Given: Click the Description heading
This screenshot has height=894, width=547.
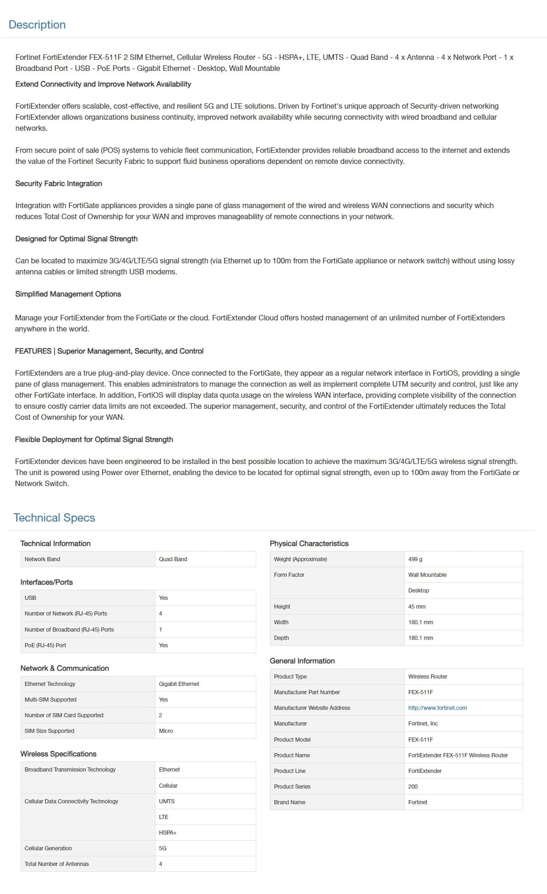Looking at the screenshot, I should pyautogui.click(x=37, y=25).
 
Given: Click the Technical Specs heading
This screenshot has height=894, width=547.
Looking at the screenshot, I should pyautogui.click(x=54, y=518).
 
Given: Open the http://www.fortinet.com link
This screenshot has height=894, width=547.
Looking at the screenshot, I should pyautogui.click(x=437, y=708).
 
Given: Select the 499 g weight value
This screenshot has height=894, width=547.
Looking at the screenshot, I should pyautogui.click(x=415, y=559).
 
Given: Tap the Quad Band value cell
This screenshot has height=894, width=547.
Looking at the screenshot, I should pyautogui.click(x=173, y=559).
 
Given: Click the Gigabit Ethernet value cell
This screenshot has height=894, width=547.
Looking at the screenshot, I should pyautogui.click(x=179, y=684).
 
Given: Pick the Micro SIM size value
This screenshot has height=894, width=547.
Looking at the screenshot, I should pyautogui.click(x=166, y=731).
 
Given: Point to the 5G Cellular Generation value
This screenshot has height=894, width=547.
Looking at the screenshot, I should pyautogui.click(x=163, y=848).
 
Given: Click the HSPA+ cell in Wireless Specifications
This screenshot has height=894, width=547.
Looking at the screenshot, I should pyautogui.click(x=168, y=833).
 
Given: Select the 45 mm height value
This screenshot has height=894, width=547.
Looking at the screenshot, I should pyautogui.click(x=417, y=607).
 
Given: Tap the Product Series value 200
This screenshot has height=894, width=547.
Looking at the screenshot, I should pyautogui.click(x=413, y=787).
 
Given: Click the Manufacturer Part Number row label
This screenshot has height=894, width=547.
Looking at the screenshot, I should pyautogui.click(x=307, y=692).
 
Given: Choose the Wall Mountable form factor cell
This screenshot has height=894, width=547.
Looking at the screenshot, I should pyautogui.click(x=427, y=575).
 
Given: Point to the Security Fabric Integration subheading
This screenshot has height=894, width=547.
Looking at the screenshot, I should pyautogui.click(x=58, y=184).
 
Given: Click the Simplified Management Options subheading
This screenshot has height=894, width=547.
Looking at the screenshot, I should pyautogui.click(x=68, y=294).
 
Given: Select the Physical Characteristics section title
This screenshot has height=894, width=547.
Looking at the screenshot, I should pyautogui.click(x=309, y=544).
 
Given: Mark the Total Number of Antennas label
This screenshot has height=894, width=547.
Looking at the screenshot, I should pyautogui.click(x=57, y=864).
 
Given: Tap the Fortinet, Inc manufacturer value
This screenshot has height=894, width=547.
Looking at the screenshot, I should pyautogui.click(x=423, y=724).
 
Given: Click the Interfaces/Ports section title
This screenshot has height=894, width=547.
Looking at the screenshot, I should pyautogui.click(x=46, y=582).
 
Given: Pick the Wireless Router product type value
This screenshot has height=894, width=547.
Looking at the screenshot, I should pyautogui.click(x=427, y=677).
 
